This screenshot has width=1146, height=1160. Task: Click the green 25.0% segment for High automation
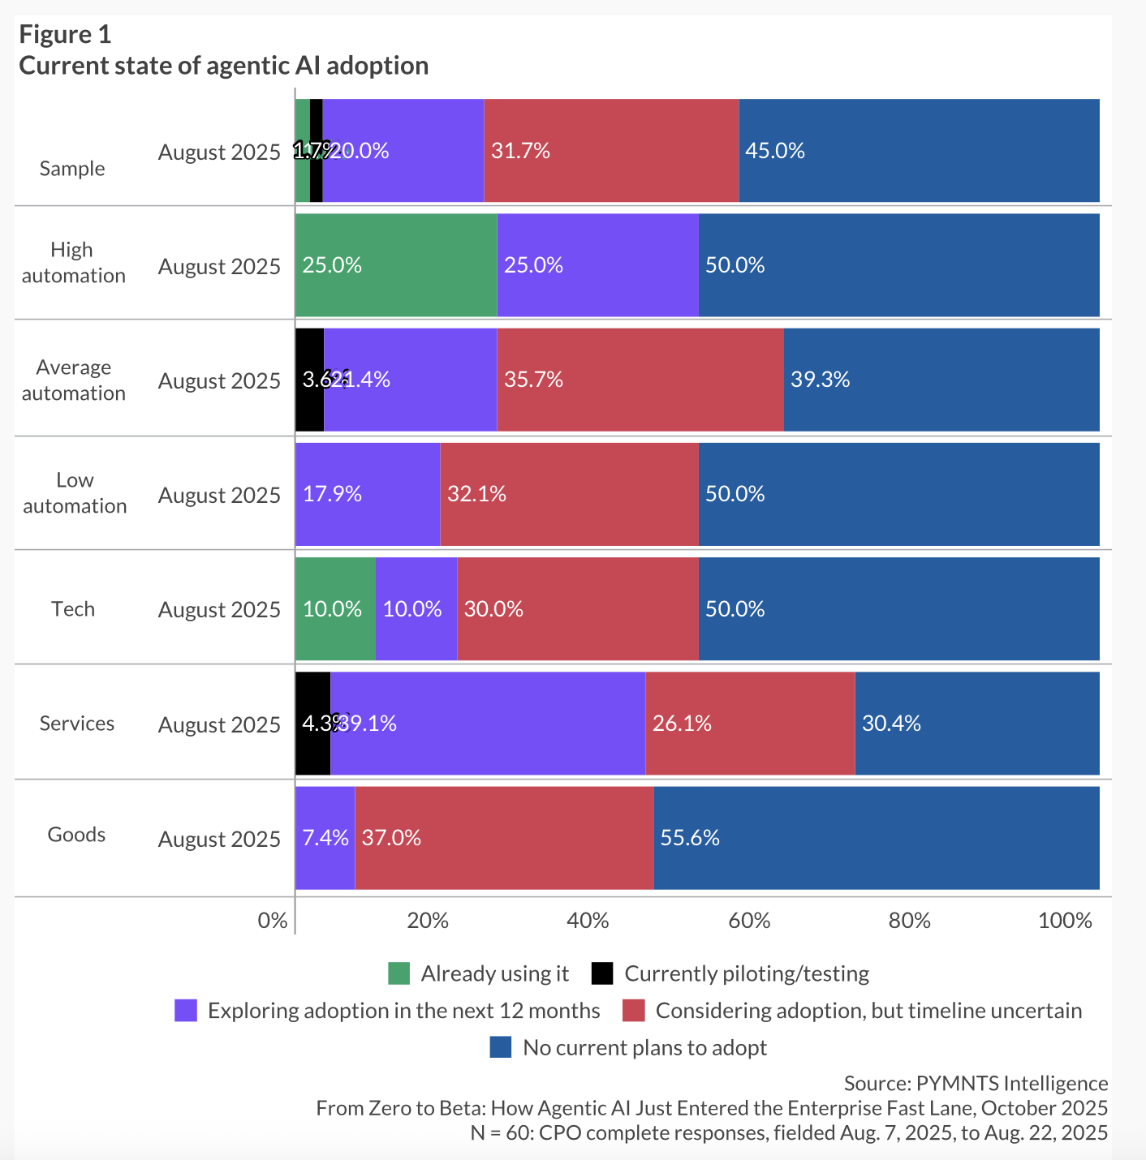coord(396,265)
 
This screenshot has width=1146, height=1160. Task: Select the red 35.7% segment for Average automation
coord(640,380)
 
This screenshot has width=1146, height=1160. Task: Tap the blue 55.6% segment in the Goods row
coord(877,838)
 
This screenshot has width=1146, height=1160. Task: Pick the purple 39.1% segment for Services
coord(488,724)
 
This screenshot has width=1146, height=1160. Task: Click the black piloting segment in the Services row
coord(312,724)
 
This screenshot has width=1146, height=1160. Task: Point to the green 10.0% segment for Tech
coord(335,609)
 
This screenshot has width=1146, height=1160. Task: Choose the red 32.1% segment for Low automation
coord(569,494)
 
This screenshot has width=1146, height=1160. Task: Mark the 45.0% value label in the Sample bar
coord(775,151)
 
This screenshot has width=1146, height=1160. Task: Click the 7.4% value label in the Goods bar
coord(325,838)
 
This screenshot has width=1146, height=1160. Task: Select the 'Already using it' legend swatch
coord(399,973)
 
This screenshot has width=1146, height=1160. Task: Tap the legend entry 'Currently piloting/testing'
coord(746,973)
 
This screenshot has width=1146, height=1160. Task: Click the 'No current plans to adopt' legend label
coord(644,1047)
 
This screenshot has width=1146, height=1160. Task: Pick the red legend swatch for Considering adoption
coord(633,1011)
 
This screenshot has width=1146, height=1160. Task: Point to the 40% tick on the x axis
coord(588,921)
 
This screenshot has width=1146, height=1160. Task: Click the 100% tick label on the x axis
coord(1065,921)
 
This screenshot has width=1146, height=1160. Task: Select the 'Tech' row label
coord(73,609)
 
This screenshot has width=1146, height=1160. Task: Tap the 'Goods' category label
coord(76,835)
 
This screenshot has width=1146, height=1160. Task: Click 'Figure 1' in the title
coord(65,35)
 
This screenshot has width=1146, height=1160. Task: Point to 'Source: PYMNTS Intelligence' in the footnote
coord(976,1084)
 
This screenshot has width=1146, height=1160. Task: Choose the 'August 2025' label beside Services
coord(219,724)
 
